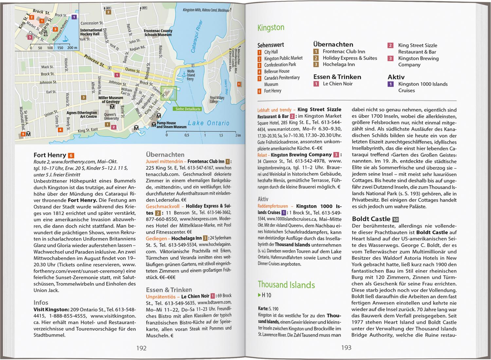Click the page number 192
(141, 348)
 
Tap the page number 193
(346, 348)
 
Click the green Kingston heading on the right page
(271, 28)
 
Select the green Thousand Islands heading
(286, 285)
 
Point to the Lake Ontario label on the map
(209, 123)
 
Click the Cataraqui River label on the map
(197, 37)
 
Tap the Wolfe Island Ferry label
(191, 75)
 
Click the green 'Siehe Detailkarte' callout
(188, 109)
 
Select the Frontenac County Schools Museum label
(158, 33)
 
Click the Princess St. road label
(94, 61)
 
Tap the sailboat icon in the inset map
(65, 39)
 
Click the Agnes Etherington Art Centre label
(82, 115)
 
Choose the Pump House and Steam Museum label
(171, 125)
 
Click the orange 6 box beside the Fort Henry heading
(71, 156)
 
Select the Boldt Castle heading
(371, 219)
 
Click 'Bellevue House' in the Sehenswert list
(277, 71)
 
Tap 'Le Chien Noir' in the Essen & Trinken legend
(337, 84)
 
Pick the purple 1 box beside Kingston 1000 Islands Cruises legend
(391, 84)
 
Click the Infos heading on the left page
(41, 303)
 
